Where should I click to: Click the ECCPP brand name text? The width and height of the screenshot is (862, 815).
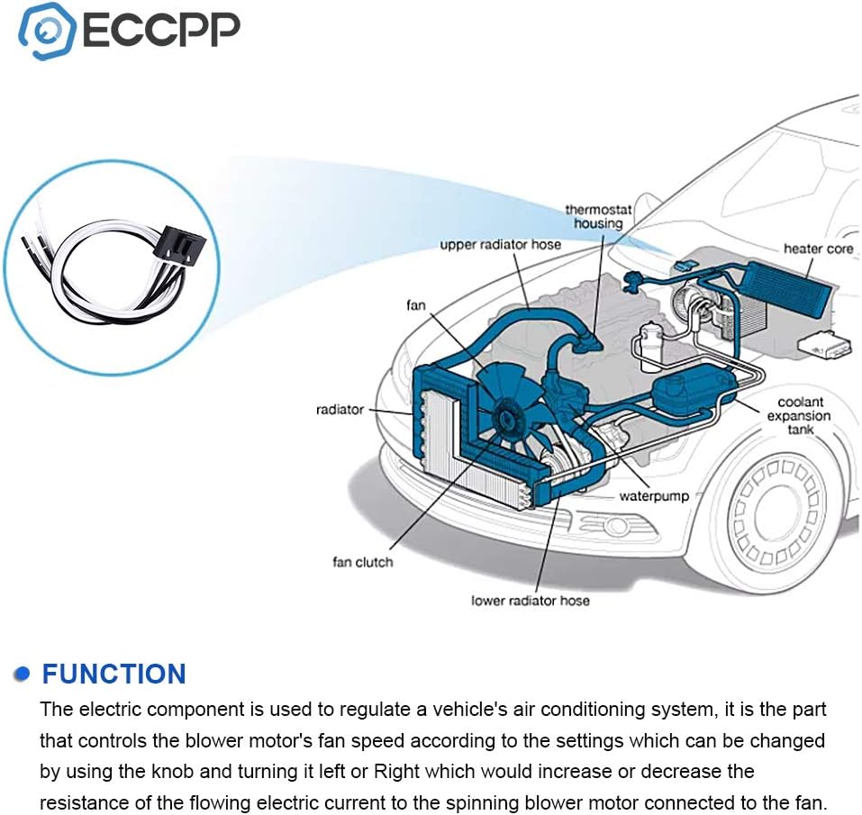[162, 30]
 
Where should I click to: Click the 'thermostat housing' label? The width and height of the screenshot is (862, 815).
[599, 216]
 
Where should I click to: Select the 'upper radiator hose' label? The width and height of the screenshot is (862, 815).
[500, 244]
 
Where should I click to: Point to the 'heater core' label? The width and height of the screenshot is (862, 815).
[817, 249]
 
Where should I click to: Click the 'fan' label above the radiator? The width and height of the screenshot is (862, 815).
[415, 305]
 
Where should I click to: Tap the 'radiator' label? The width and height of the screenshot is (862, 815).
[340, 410]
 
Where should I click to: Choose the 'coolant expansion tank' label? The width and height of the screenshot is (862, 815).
[799, 415]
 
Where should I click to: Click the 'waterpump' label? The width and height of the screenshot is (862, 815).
[653, 496]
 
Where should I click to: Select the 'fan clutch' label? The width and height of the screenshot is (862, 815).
[362, 562]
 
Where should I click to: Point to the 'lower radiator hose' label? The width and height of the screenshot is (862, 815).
[531, 600]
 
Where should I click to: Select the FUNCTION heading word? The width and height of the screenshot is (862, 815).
[113, 674]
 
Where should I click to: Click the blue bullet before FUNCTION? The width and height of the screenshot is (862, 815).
[23, 675]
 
